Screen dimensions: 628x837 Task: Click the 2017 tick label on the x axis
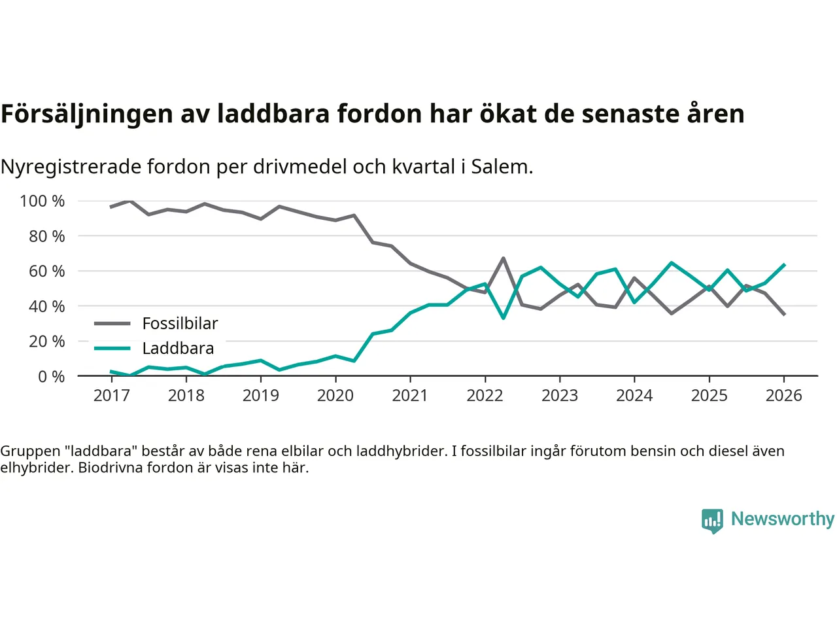pos(111,396)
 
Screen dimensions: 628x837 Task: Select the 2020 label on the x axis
pos(335,396)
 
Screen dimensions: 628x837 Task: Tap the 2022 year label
pos(485,396)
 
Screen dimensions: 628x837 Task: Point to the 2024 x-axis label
pos(634,396)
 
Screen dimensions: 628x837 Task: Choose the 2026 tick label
pos(783,396)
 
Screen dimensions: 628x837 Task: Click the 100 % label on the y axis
pos(43,201)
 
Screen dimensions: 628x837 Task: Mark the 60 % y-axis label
pos(47,271)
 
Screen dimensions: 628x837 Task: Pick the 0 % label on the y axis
pos(51,376)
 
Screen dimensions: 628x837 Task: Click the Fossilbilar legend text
pos(180,323)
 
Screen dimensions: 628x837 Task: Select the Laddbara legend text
pos(178,348)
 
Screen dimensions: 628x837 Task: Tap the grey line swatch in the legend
pos(112,323)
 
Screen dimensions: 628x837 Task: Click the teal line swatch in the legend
pos(112,348)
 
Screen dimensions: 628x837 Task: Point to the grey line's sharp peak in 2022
pos(504,258)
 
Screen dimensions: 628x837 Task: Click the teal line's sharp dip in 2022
pos(504,318)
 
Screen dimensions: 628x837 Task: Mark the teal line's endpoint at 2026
pos(784,265)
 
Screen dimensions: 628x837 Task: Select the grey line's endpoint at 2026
pos(784,315)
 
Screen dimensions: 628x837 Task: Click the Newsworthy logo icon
pos(712,521)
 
